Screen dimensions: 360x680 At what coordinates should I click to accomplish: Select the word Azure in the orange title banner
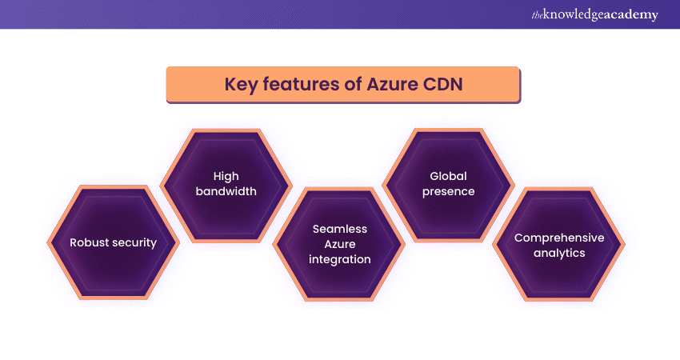[392, 85]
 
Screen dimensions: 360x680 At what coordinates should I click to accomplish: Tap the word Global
[448, 175]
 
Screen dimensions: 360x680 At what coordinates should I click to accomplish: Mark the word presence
[448, 191]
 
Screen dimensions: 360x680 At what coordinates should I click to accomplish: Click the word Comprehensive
[559, 238]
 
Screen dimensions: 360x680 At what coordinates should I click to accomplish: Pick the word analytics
[559, 253]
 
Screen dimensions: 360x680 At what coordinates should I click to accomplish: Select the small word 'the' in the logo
[535, 14]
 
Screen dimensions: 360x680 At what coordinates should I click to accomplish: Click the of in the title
[353, 85]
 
